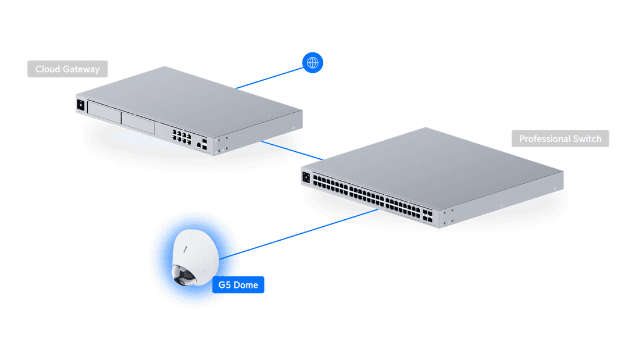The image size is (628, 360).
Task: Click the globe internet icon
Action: click(313, 63)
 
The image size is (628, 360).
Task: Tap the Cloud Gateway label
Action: click(67, 69)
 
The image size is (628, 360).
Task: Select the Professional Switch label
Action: click(560, 139)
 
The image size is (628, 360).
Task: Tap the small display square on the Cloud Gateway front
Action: click(80, 105)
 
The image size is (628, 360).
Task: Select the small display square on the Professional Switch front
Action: click(306, 176)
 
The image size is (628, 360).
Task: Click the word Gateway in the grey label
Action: click(81, 69)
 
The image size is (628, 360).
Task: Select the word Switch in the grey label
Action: click(587, 139)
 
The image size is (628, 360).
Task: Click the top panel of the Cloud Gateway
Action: click(192, 96)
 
